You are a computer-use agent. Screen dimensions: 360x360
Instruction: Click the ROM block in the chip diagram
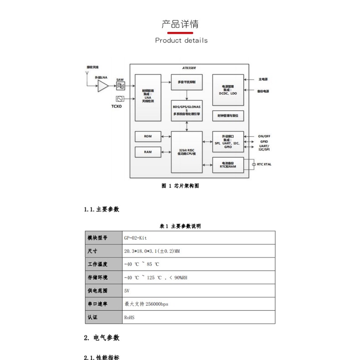[148, 136]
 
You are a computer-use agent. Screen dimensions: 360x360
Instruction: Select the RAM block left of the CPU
[148, 152]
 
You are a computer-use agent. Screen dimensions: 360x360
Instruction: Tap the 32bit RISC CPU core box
[186, 152]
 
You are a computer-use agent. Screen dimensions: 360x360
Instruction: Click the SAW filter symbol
[120, 86]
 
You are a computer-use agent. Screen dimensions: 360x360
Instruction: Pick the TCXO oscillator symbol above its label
[120, 99]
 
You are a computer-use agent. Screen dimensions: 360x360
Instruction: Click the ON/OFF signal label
[264, 136]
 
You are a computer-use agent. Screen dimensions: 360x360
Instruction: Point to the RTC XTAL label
[264, 164]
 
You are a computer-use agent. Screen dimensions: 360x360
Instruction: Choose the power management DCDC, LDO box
[228, 90]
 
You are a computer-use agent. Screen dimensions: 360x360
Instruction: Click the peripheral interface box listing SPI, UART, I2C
[228, 141]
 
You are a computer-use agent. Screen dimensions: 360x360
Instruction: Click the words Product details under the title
[181, 40]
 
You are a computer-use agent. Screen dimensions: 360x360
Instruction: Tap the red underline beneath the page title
[180, 33]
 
